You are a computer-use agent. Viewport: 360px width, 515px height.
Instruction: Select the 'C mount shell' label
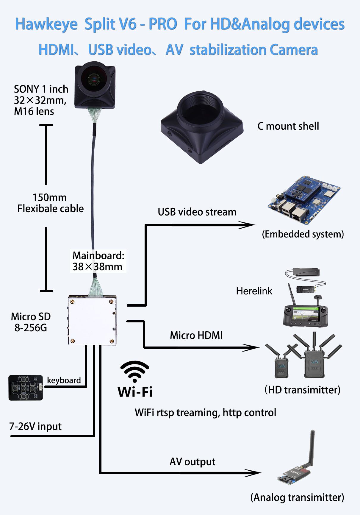(x=288, y=126)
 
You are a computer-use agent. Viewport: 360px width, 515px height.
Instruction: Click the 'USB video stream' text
(x=197, y=212)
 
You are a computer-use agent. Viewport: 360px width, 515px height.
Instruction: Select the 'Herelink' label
(x=254, y=291)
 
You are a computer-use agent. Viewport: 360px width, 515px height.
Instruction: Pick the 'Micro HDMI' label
(x=196, y=335)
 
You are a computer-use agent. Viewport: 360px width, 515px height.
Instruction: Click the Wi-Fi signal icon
(x=135, y=371)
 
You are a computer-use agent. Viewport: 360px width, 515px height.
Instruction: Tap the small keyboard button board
(x=25, y=388)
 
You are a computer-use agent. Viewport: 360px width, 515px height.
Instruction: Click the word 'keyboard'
(x=64, y=380)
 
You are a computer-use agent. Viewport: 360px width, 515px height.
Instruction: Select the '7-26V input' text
(x=35, y=427)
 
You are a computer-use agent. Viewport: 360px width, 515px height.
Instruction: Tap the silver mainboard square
(x=92, y=320)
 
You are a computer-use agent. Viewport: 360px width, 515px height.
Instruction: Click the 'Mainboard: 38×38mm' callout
(x=98, y=261)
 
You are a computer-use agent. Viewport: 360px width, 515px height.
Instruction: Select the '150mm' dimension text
(x=49, y=197)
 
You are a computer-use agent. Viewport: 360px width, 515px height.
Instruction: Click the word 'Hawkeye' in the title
(x=46, y=24)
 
